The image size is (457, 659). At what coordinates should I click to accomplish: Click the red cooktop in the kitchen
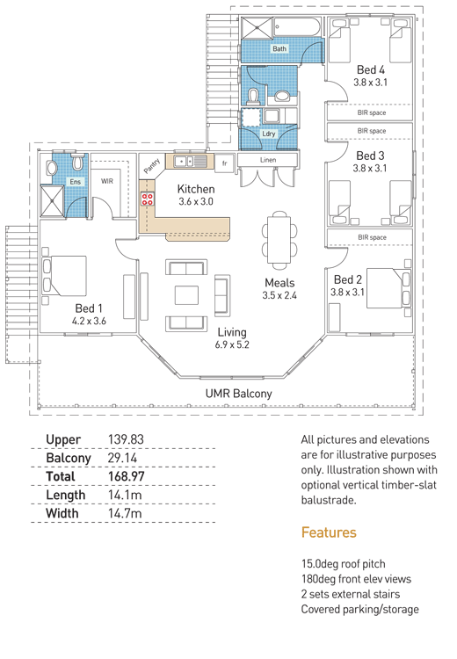147,199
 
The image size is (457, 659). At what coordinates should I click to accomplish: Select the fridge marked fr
224,163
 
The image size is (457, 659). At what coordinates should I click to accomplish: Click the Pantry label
152,165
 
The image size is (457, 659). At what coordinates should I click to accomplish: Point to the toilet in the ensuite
77,163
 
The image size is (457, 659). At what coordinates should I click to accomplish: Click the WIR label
107,181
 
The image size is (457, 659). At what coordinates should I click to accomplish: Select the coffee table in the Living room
186,294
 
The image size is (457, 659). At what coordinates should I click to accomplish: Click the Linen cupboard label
268,160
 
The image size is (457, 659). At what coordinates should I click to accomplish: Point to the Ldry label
269,134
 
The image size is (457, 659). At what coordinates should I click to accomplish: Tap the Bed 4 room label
370,69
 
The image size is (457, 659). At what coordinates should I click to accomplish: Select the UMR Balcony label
238,394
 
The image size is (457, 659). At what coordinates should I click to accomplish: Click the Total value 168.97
127,476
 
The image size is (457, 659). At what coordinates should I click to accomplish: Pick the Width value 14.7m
125,514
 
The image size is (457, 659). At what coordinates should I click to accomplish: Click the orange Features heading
329,532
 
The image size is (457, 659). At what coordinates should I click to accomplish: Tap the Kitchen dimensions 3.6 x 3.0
196,202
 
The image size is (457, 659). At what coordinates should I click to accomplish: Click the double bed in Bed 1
64,276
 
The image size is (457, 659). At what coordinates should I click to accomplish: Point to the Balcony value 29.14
122,458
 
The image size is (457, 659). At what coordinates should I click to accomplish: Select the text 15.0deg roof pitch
343,564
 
